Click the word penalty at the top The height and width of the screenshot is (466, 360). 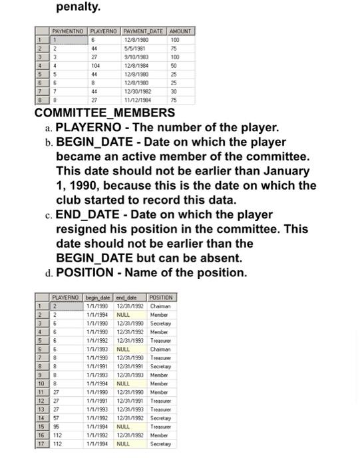79,7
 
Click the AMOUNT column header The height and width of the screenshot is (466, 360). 180,31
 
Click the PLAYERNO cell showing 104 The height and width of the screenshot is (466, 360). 96,66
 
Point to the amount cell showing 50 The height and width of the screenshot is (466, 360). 174,66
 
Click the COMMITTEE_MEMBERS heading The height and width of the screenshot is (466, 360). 104,113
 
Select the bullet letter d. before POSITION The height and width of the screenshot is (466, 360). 49,273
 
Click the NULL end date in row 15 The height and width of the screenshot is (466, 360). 123,427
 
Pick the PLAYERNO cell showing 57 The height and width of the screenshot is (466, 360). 57,418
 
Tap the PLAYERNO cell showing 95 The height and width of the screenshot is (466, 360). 57,427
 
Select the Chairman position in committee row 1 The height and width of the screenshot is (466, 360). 160,306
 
